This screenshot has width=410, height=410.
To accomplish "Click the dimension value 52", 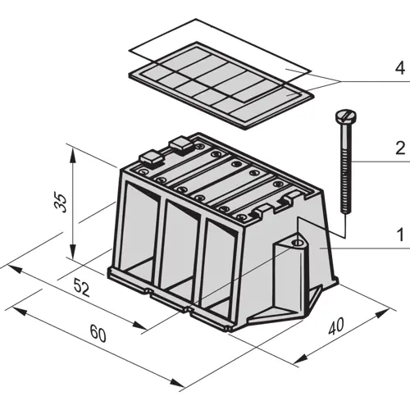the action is tap(82, 289).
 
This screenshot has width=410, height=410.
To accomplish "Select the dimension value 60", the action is tap(98, 334).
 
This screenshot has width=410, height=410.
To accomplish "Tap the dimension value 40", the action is tap(335, 326).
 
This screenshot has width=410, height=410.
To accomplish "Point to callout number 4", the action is tap(399, 68).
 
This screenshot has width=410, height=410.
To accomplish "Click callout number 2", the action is tap(400, 148).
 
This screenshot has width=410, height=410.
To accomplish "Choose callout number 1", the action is tap(400, 235).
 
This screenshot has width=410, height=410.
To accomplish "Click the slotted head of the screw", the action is tap(345, 116).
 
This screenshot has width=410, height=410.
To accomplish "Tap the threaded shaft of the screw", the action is tap(345, 167).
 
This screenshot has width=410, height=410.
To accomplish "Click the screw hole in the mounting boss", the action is tap(297, 243).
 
